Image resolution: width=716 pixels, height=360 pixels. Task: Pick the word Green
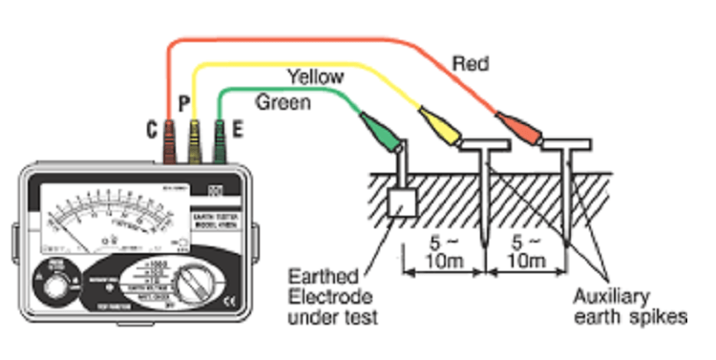click(x=284, y=102)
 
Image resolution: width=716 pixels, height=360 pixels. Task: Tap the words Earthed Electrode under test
click(x=334, y=295)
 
